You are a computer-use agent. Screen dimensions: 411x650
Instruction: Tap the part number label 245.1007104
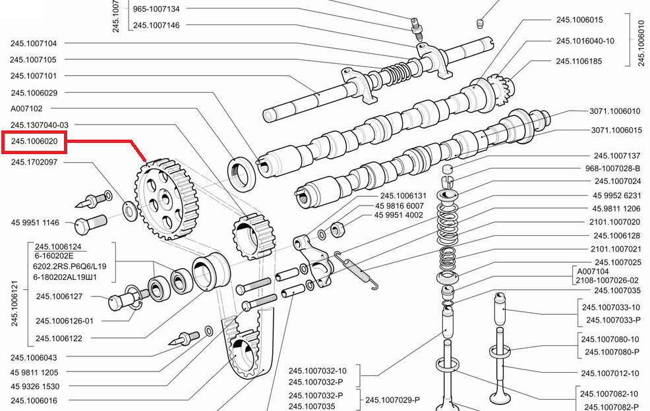[43, 43]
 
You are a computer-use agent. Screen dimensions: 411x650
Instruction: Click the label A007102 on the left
[26, 109]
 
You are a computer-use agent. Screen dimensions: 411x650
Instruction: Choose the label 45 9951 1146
[35, 223]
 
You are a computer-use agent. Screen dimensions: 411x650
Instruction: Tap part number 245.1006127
[59, 296]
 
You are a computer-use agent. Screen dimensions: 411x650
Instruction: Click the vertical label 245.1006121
[15, 296]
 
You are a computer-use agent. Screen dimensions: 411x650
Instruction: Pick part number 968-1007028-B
[612, 169]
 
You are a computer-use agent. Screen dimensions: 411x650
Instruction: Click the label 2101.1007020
[614, 222]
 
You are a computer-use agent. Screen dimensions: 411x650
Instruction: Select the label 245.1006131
[403, 196]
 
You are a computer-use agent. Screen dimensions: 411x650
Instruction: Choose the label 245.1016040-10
[585, 41]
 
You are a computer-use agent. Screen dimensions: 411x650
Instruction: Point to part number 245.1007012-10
[610, 373]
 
